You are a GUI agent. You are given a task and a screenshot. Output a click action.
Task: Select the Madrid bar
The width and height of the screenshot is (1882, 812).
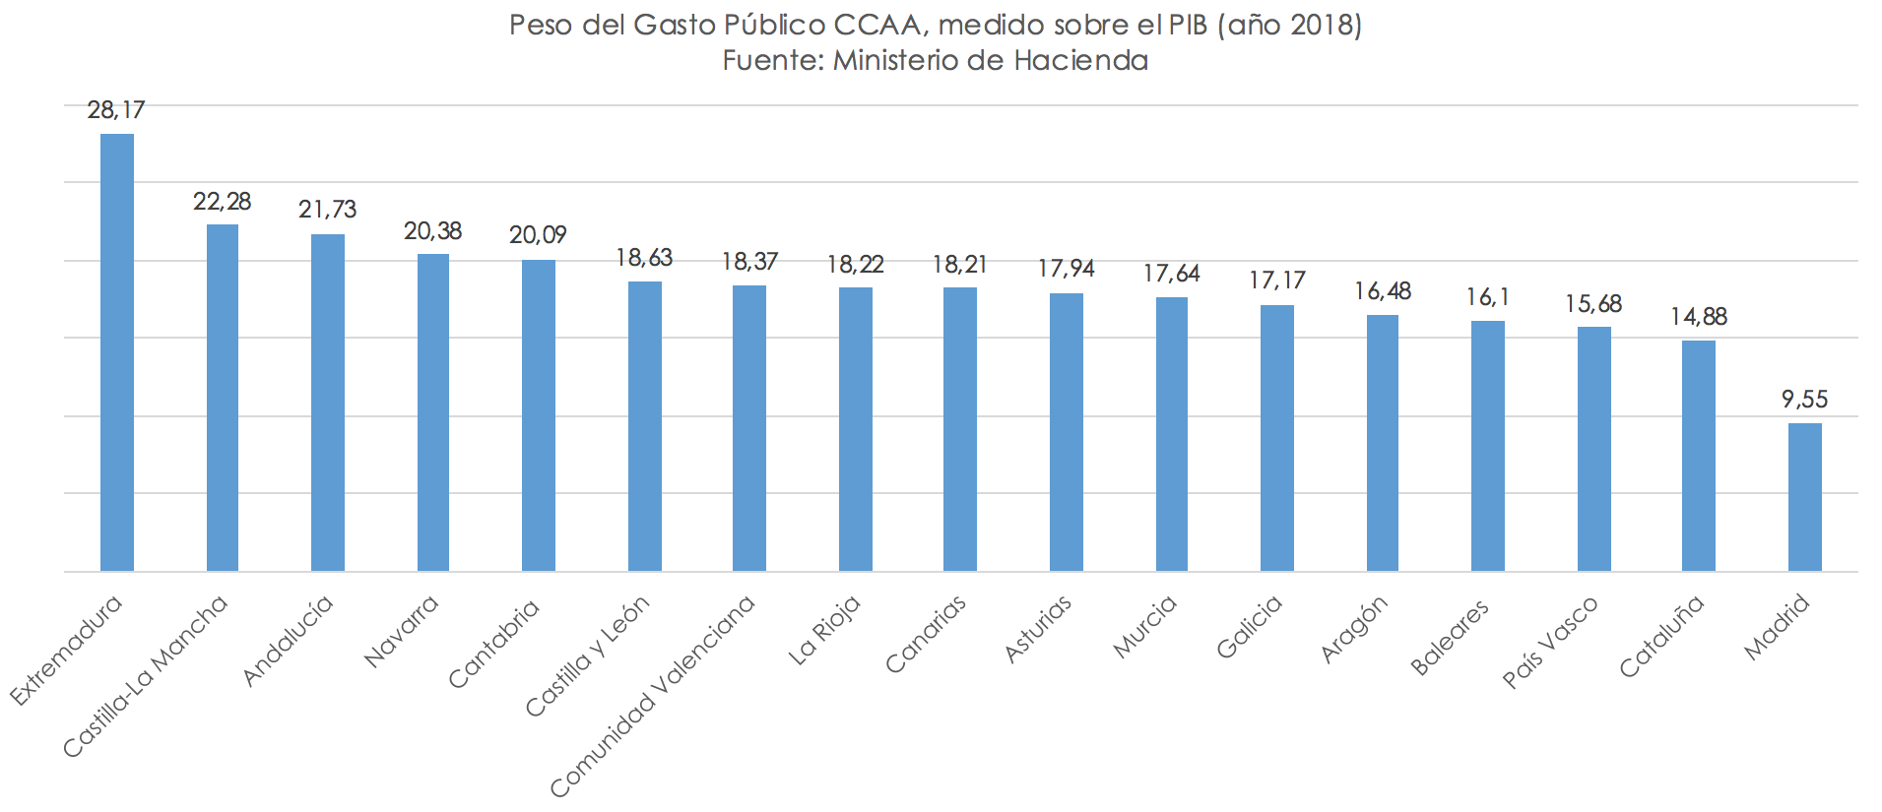[1804, 497]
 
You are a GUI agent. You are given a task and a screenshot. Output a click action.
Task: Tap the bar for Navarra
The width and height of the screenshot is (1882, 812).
[433, 412]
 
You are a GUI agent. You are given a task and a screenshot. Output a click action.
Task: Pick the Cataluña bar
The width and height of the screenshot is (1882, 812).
[1699, 456]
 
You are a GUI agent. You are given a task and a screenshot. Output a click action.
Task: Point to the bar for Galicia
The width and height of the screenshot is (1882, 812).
[1277, 438]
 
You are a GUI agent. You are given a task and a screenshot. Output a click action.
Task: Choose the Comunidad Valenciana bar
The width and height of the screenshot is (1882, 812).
[749, 428]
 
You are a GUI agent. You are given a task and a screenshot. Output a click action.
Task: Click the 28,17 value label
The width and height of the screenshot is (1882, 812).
[116, 110]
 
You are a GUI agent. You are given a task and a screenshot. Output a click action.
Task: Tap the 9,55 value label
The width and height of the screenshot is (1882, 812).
[1804, 400]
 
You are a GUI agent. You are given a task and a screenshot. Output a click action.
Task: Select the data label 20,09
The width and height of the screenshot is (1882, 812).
[538, 236]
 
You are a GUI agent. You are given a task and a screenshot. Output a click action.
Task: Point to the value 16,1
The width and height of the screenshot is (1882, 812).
[1487, 297]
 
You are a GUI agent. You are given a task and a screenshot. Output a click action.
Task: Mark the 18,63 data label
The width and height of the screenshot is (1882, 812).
[644, 258]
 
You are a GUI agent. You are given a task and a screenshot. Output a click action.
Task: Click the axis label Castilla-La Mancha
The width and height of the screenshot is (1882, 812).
[146, 677]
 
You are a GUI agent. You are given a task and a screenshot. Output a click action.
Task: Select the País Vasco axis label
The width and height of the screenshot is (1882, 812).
[1550, 642]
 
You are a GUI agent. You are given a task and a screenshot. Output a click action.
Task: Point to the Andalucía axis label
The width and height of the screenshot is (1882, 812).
[288, 641]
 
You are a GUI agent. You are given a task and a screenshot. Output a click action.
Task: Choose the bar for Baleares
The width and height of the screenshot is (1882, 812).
[1487, 446]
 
